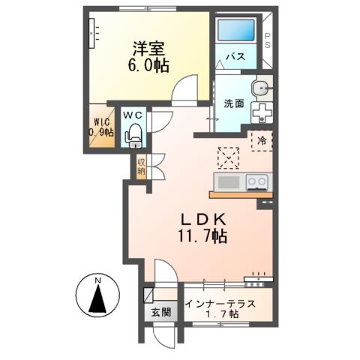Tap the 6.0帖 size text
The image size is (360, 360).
(149, 65)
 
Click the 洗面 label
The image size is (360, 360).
(232, 103)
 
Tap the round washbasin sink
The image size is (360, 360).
(260, 88)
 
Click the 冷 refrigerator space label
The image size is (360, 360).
(262, 140)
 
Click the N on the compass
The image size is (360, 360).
(97, 281)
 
